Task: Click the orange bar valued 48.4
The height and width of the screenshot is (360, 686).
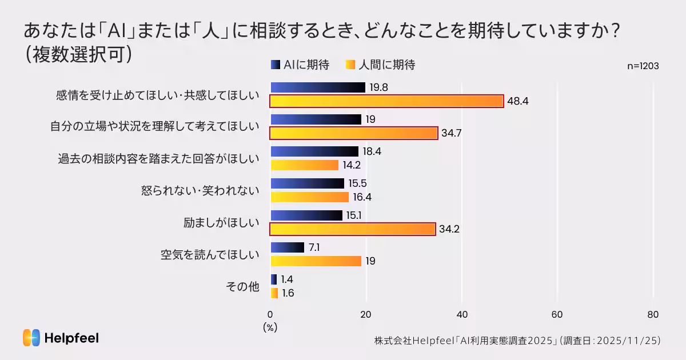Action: [x=386, y=101]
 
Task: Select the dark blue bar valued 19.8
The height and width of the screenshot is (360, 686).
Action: [x=318, y=87]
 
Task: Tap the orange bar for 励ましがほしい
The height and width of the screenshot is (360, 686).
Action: [x=353, y=229]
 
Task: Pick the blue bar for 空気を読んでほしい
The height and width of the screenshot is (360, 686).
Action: [x=288, y=247]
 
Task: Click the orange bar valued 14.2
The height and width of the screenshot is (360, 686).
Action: [x=305, y=165]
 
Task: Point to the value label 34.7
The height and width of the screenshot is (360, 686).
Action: [x=451, y=133]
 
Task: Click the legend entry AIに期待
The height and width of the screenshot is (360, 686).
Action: [x=300, y=65]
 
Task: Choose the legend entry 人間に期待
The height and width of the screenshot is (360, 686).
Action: [x=380, y=65]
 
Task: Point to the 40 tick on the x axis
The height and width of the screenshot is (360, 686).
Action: [x=462, y=314]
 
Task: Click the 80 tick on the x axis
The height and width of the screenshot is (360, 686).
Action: [x=653, y=314]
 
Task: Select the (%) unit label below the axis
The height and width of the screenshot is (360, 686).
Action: [x=270, y=328]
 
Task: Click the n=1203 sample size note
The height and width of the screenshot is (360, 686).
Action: [x=643, y=66]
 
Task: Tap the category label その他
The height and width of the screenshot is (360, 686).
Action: [x=244, y=287]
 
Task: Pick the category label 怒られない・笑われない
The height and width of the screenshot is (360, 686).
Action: [x=200, y=191]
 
